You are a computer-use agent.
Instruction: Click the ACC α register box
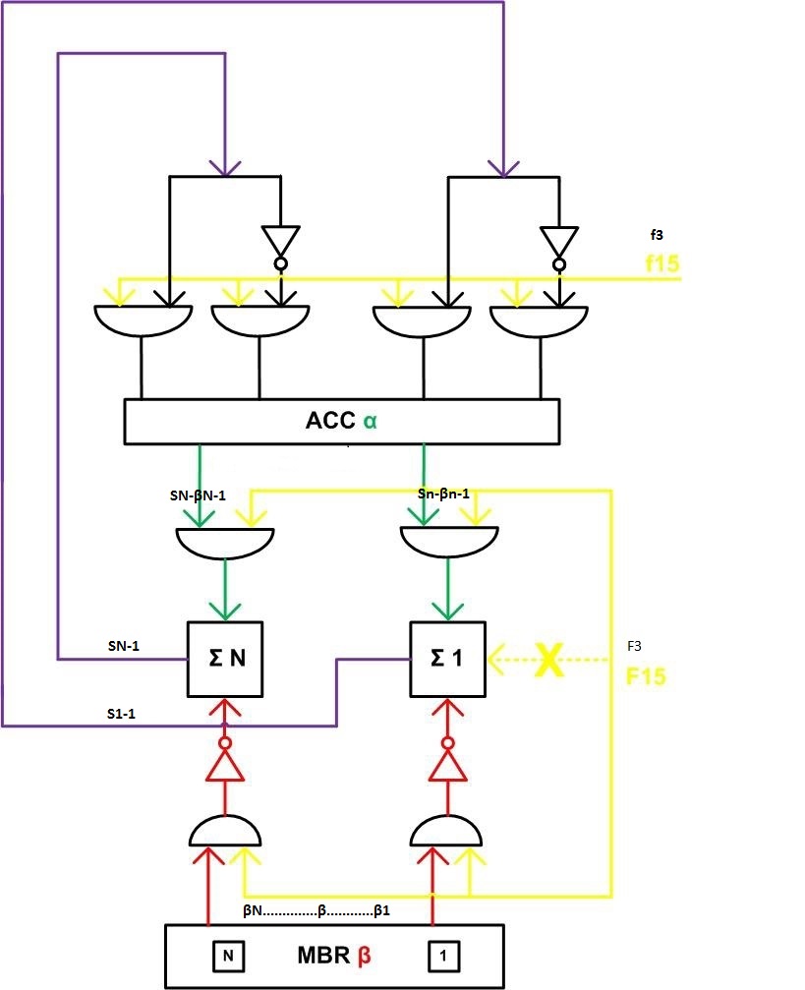[341, 421]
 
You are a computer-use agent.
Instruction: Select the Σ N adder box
[225, 658]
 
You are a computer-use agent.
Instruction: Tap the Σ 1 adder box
[448, 658]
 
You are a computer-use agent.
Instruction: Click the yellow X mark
[549, 659]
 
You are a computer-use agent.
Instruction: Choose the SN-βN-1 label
[198, 495]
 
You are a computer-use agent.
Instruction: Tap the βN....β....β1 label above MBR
[316, 910]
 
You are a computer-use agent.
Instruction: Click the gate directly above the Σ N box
[225, 540]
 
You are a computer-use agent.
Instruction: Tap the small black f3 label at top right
[657, 235]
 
